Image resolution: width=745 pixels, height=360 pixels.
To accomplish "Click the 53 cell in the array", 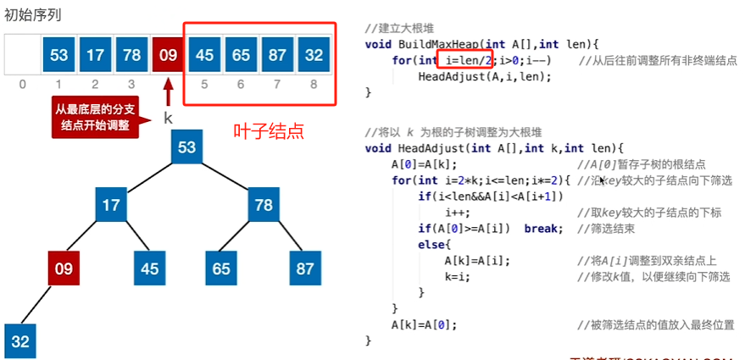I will point(59,55).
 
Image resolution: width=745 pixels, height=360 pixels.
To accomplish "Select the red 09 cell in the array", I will point(169,55).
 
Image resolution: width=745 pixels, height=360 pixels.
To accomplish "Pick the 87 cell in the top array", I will point(278,55).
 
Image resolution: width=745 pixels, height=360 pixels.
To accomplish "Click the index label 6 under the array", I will point(242,84).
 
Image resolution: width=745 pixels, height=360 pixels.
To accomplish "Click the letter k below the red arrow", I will point(168,119).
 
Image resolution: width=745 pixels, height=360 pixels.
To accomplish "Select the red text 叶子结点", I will point(269,132).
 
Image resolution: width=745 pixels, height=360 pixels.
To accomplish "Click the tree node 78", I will point(264,206).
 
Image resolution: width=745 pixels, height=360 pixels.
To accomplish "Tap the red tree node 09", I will point(64,269).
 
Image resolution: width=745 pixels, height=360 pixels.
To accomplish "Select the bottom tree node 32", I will point(19,341).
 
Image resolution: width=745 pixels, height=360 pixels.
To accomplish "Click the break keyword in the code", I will point(542,229).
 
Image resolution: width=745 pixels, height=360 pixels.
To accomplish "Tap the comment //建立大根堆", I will point(400,28).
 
